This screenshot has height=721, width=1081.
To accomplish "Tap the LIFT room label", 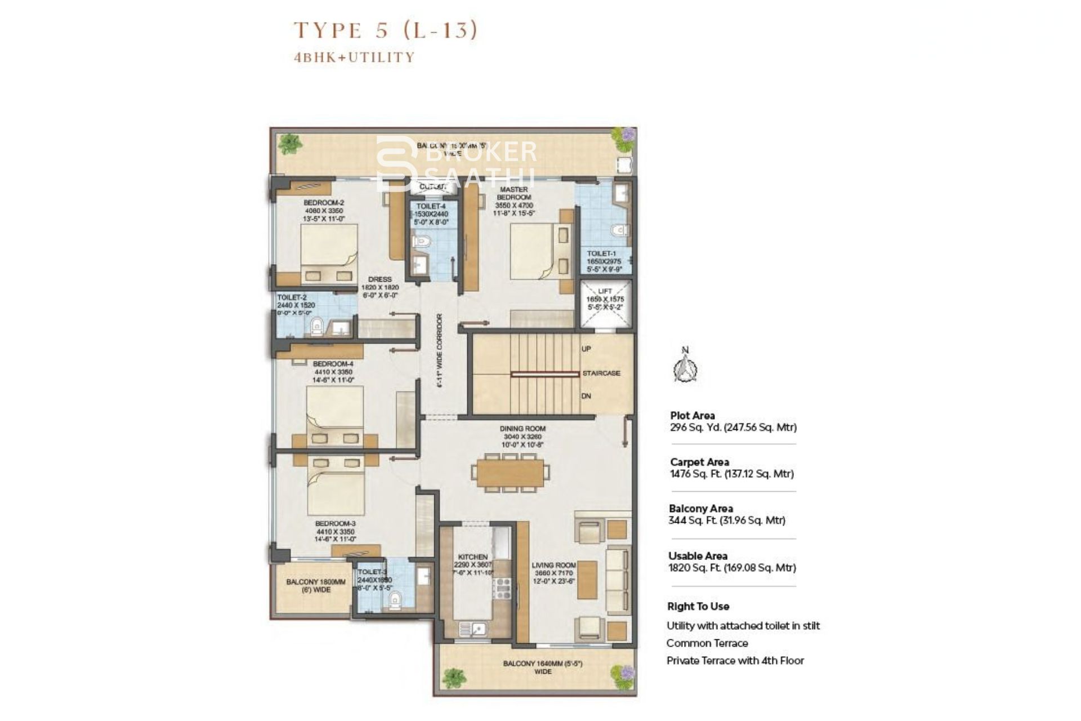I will point(605,291).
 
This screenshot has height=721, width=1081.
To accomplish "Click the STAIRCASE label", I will point(601,373).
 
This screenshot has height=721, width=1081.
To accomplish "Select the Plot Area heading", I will point(692,416).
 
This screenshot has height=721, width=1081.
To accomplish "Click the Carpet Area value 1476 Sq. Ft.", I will point(731,474).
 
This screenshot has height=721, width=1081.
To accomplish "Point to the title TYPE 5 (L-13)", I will point(386,29).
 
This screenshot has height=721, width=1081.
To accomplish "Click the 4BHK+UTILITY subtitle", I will point(354,57).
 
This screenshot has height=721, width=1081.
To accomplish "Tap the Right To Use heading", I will point(698,607).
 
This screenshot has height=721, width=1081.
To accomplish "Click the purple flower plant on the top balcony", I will point(627,137).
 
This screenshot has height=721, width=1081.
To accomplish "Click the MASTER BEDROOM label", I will point(513,193).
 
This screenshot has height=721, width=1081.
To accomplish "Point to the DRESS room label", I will point(379,279).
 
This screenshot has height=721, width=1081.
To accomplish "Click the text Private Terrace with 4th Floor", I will point(735,661).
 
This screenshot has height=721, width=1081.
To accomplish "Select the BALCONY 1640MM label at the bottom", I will point(542,664).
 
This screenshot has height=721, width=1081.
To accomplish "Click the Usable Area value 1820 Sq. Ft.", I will point(732,568).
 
